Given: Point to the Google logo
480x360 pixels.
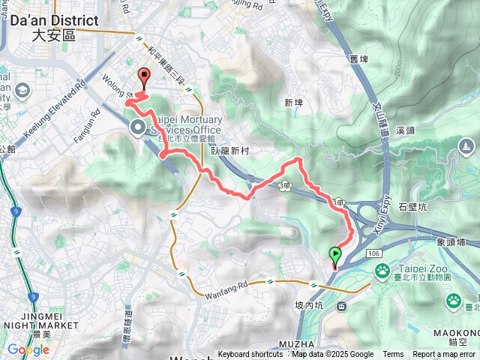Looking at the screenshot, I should [x=28, y=349].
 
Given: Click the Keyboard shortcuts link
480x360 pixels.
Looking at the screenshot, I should [x=250, y=355].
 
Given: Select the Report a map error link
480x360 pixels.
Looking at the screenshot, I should [x=445, y=355].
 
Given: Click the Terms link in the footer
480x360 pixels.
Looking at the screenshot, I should [x=393, y=355].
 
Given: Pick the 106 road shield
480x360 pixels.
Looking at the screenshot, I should [x=374, y=254].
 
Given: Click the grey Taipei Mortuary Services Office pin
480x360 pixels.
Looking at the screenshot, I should [x=138, y=127].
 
